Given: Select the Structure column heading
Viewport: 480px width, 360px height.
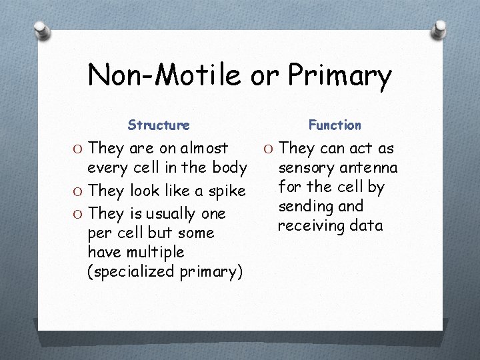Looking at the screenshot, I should [159, 125].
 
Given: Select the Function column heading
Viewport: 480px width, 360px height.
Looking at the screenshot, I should [335, 125].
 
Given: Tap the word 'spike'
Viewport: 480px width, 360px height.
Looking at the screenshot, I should [227, 191].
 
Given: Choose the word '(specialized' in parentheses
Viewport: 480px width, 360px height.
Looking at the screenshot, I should [129, 272].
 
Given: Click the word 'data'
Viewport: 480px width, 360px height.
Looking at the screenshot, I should [366, 225].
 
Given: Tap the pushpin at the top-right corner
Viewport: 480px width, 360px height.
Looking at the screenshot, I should [439, 29].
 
